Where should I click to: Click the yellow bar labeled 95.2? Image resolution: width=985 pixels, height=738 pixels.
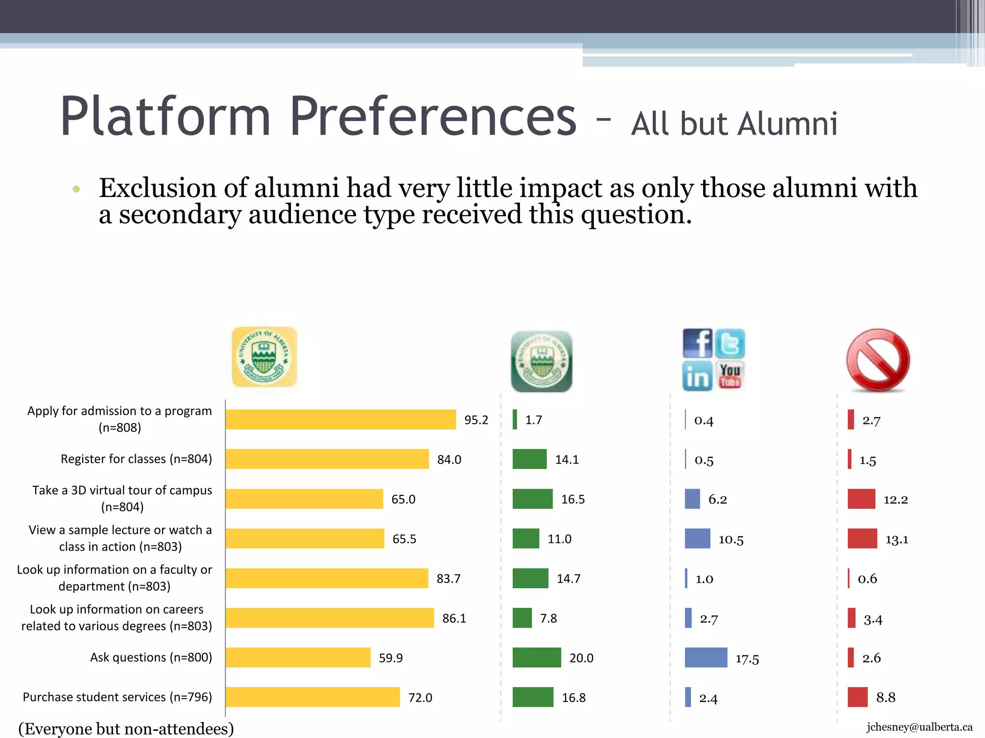pyautogui.click(x=341, y=419)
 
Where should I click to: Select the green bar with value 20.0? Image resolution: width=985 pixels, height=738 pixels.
pyautogui.click(x=537, y=657)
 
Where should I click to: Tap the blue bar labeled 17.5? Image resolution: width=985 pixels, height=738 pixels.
pyautogui.click(x=706, y=657)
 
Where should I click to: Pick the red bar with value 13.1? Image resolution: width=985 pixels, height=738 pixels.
pyautogui.click(x=862, y=539)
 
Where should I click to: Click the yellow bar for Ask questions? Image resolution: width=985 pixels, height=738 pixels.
pyautogui.click(x=298, y=657)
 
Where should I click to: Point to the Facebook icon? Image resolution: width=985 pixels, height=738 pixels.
pyautogui.click(x=697, y=343)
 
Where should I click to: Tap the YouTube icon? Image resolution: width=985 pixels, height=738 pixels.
pyautogui.click(x=730, y=376)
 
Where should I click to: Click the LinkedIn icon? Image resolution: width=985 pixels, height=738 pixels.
pyautogui.click(x=697, y=376)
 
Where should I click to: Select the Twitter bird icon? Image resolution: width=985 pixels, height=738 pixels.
pyautogui.click(x=730, y=343)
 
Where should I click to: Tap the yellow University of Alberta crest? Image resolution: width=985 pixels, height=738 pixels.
pyautogui.click(x=264, y=357)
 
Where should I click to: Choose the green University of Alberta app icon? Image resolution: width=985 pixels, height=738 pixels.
pyautogui.click(x=542, y=361)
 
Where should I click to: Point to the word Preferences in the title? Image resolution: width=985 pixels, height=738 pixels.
pyautogui.click(x=433, y=117)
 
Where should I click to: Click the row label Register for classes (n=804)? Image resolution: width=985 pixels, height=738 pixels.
pyautogui.click(x=136, y=459)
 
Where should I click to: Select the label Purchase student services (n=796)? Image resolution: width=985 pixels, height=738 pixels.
pyautogui.click(x=117, y=697)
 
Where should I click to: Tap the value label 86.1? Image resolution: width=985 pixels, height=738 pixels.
pyautogui.click(x=454, y=618)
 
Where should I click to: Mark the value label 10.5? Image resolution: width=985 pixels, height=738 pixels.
pyautogui.click(x=731, y=540)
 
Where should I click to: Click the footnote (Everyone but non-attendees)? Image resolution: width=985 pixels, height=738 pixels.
pyautogui.click(x=126, y=728)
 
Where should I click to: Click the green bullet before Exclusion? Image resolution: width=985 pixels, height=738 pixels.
pyautogui.click(x=76, y=189)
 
